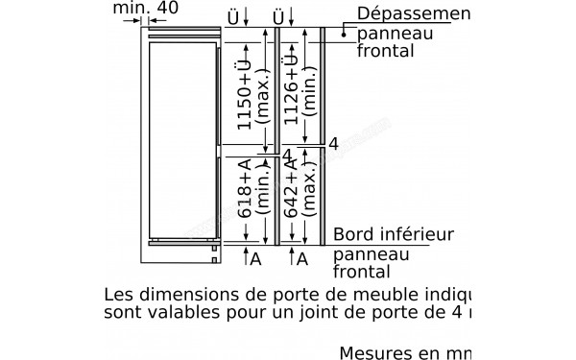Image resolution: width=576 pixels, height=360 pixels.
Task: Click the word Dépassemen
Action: coord(413,13)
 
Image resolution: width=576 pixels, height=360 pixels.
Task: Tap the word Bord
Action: coord(353,235)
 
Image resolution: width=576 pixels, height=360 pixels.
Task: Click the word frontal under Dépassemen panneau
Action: coord(386,52)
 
